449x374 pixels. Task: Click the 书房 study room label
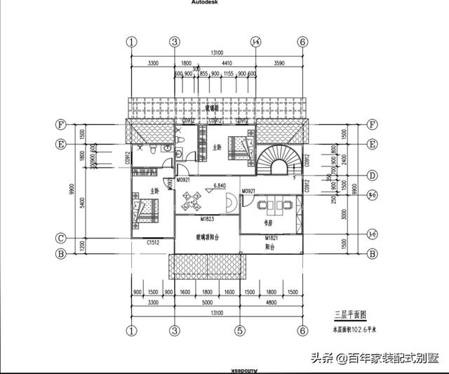pos(267,223)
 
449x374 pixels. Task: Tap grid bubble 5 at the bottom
pos(239,330)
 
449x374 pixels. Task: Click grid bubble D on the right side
pos(373,175)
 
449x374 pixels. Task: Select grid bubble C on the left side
pos(61,237)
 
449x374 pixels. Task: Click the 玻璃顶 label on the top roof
pos(212,109)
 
